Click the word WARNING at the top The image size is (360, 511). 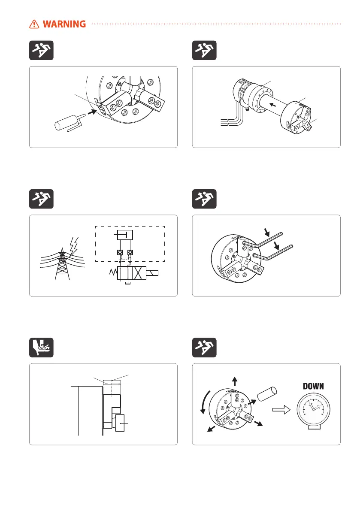[x=67, y=24]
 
